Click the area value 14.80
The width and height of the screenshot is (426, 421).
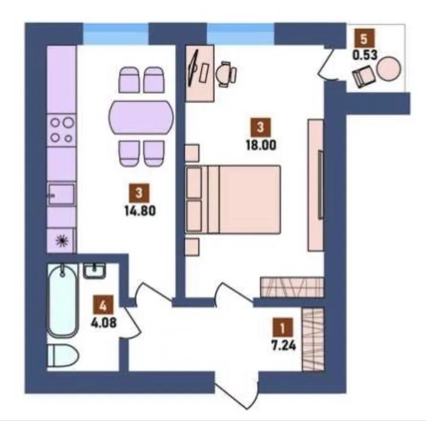(140, 210)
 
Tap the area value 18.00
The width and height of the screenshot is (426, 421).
(261, 145)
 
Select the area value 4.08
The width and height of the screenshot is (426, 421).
(104, 322)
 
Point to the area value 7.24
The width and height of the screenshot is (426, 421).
(284, 345)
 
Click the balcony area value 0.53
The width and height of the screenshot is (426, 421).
(365, 55)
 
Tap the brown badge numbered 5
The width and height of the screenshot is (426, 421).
(364, 38)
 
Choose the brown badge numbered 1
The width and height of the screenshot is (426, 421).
(283, 328)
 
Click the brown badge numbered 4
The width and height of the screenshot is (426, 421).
(102, 306)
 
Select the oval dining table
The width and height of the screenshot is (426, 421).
(141, 117)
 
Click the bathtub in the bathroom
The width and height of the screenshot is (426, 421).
(63, 300)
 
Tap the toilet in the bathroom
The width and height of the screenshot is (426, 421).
(63, 355)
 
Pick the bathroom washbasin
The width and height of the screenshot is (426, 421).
(94, 271)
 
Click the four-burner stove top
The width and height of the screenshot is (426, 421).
(61, 131)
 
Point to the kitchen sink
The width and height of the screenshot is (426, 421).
(61, 194)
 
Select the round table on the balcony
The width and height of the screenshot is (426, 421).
(389, 68)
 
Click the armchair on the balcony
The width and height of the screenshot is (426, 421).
(363, 76)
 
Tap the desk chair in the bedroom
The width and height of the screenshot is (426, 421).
(226, 74)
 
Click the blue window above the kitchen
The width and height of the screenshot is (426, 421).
(116, 34)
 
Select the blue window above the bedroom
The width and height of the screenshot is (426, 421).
(240, 34)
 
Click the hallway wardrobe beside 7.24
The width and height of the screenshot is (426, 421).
(313, 339)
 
